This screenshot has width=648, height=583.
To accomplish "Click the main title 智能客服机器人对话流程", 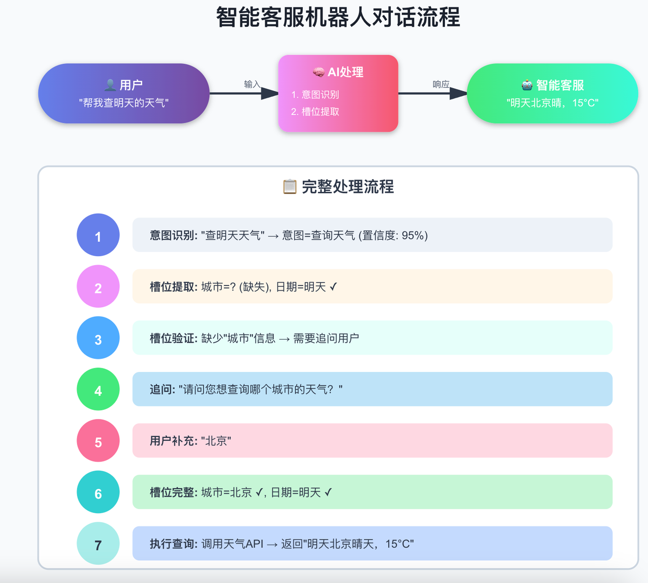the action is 338,17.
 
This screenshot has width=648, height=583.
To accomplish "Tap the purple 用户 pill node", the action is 124,93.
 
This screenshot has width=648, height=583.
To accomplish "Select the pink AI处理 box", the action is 338,93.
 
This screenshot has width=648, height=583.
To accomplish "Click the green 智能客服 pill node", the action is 552,93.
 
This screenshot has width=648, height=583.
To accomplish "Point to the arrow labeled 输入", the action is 244,93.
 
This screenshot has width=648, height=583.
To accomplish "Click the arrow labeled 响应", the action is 433,93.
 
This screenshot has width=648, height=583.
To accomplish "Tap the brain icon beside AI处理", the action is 318,72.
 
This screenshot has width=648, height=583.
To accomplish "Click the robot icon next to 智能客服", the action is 527,85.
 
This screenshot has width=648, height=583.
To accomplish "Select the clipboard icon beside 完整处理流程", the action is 290,187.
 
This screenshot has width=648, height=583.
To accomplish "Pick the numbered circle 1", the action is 98,235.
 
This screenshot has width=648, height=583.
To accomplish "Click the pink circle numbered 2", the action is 98,286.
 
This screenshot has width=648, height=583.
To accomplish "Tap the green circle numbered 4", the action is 98,389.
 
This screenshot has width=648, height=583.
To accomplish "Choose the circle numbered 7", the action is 98,544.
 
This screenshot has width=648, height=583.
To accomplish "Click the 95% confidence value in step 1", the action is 413,235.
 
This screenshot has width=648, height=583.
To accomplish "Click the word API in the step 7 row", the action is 254,544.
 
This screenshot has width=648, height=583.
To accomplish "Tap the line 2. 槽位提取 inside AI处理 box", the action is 315,112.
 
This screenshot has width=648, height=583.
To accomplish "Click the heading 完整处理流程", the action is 348,187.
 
